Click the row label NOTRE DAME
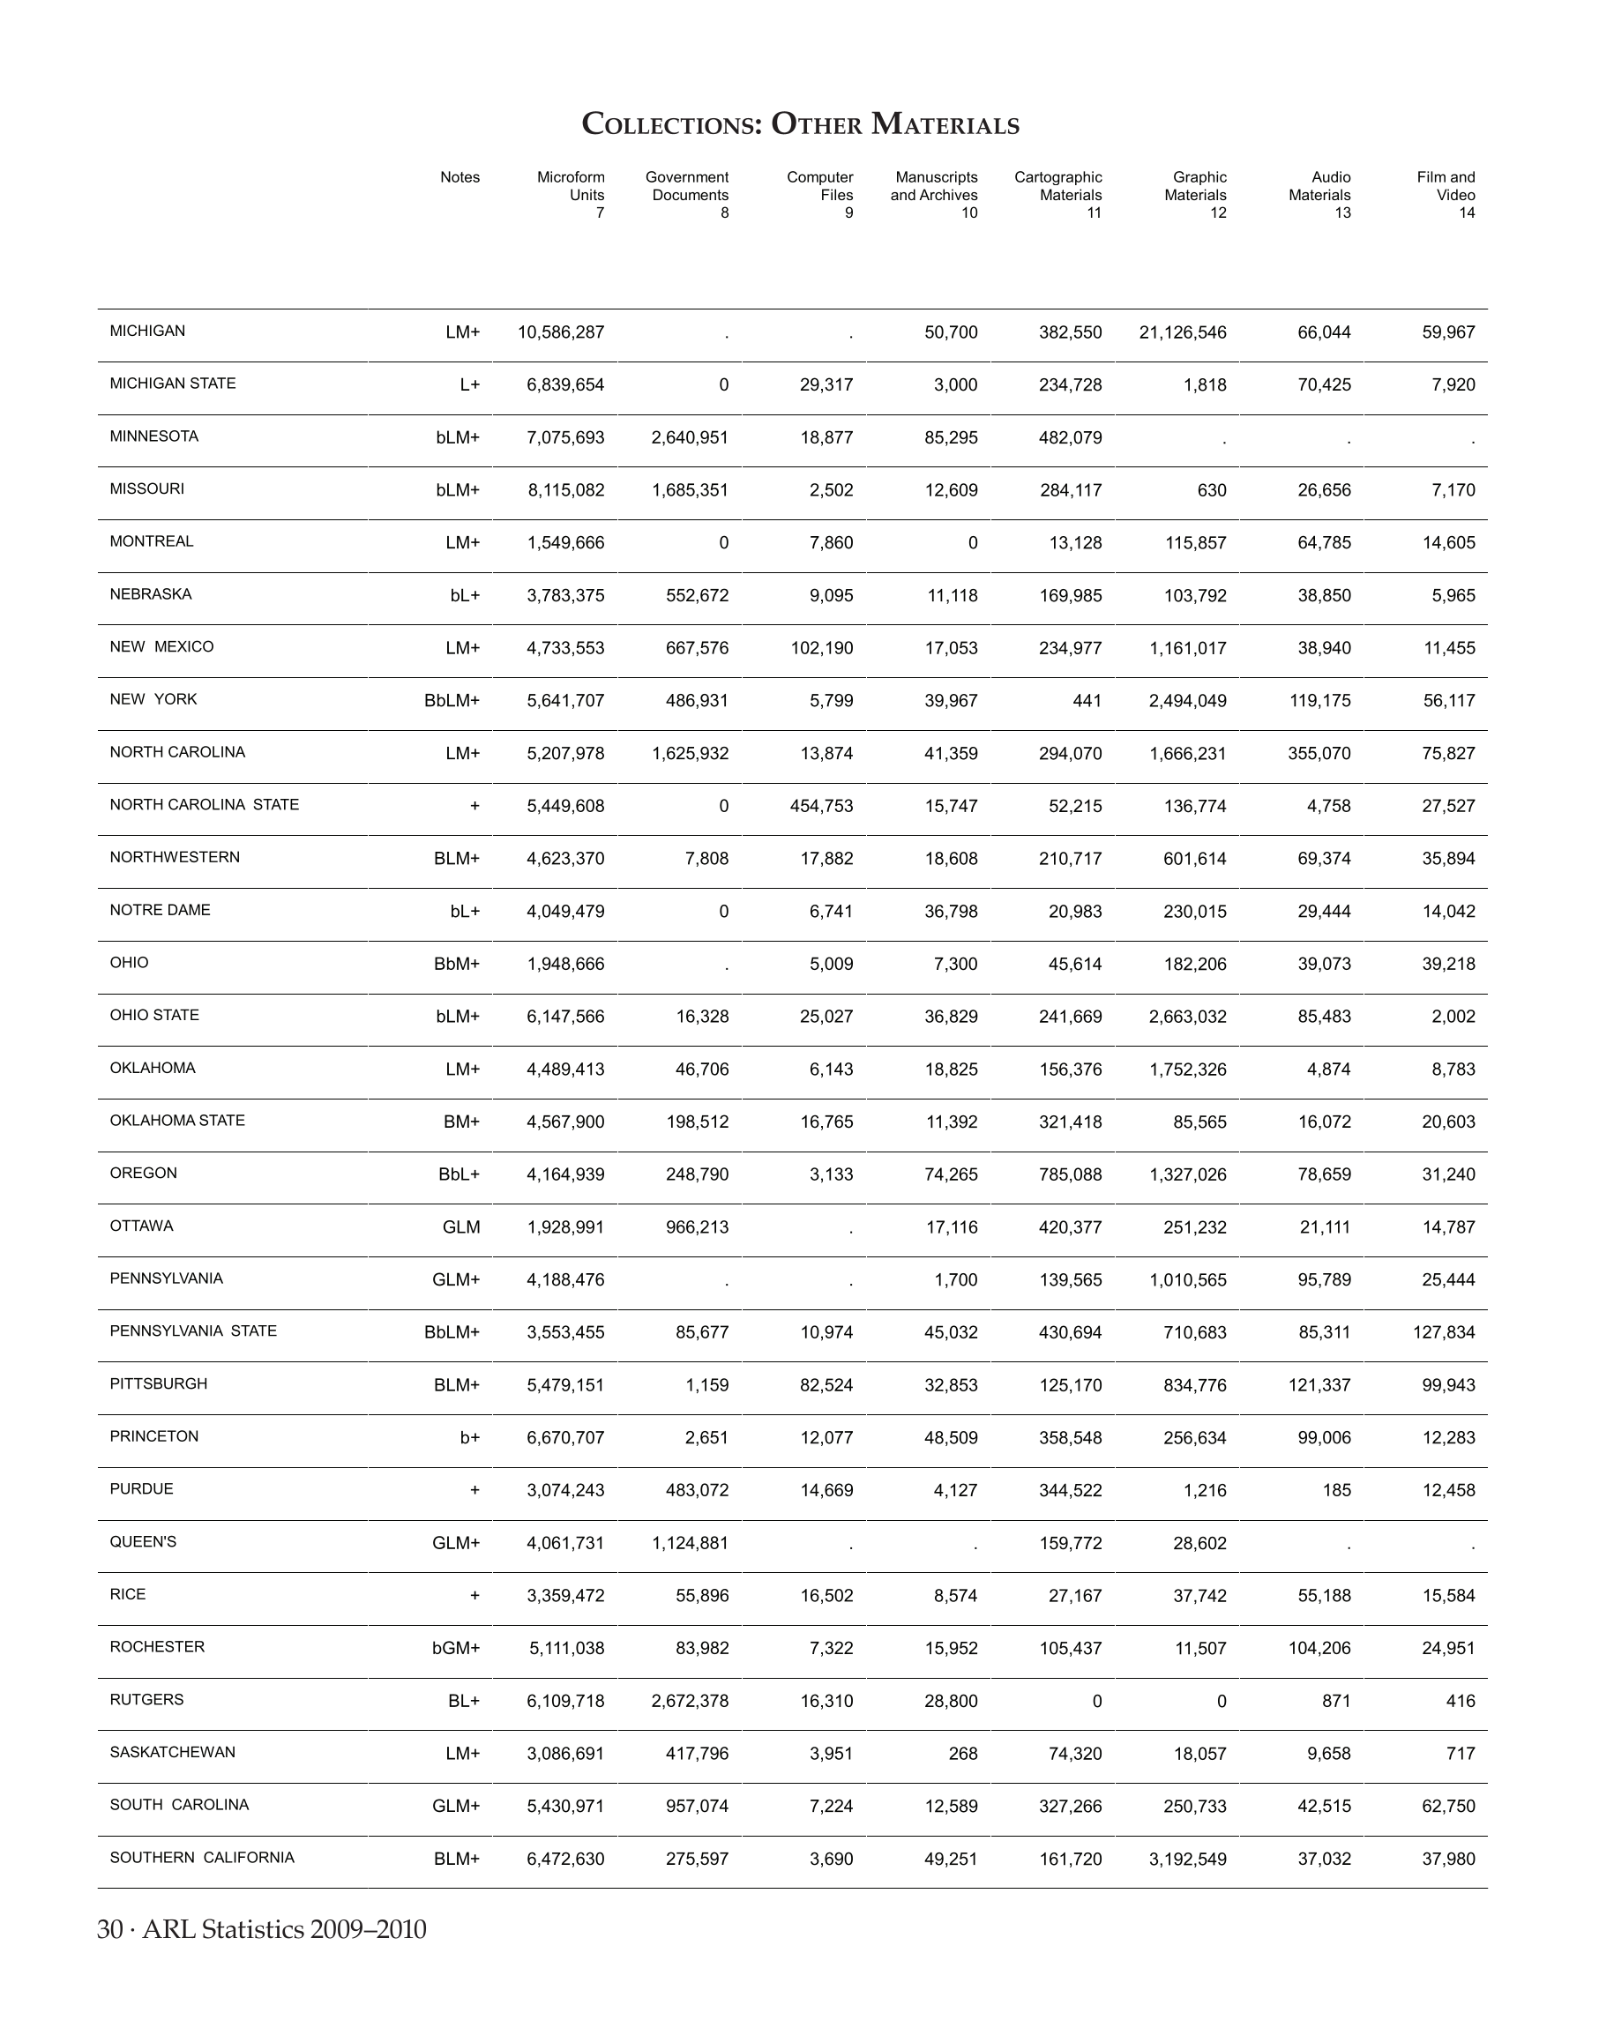[x=161, y=910]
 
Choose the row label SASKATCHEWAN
[x=172, y=1752]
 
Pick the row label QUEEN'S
[x=143, y=1542]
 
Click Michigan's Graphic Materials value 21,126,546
[x=1183, y=332]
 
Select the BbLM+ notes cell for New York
[x=452, y=701]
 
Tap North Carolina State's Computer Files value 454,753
[x=821, y=806]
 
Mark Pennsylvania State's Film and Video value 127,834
[x=1444, y=1333]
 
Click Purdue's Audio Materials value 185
[x=1337, y=1490]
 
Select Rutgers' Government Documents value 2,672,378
[x=690, y=1701]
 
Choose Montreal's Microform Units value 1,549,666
[x=565, y=543]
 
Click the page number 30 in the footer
[x=109, y=1930]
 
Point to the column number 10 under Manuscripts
[x=969, y=213]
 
